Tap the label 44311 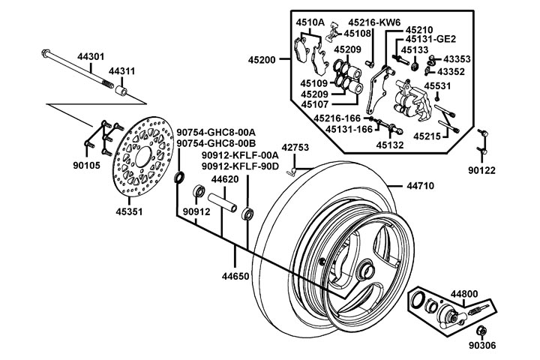121,70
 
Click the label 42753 295,147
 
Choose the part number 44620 225,179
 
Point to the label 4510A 310,22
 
